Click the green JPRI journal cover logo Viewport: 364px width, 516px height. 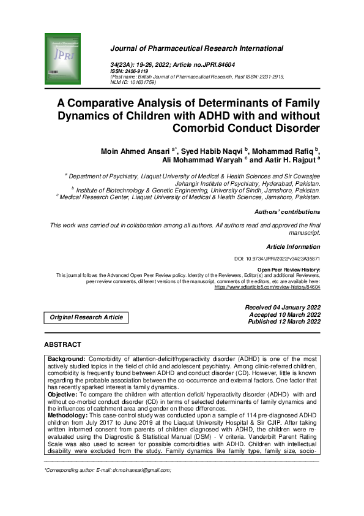tap(63, 56)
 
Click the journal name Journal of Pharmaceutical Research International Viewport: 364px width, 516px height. tap(198, 48)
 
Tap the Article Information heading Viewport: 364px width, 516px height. tap(293, 246)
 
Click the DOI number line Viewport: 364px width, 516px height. tap(277, 259)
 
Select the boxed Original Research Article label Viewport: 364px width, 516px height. tap(86, 317)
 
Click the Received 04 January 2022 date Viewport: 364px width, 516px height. tap(283, 307)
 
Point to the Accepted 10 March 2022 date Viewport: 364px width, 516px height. tap(284, 314)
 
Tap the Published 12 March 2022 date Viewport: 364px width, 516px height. tap(284, 322)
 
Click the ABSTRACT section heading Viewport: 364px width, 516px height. tap(62, 345)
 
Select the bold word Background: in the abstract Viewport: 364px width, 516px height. tap(67, 357)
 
